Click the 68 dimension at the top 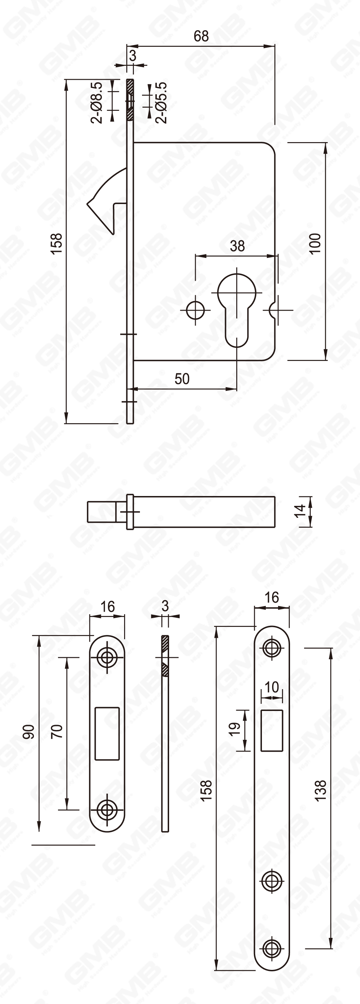tap(201, 36)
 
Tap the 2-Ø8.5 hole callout tap(97, 102)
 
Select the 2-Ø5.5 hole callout tap(161, 102)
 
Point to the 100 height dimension tap(315, 243)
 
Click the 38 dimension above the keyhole tap(237, 246)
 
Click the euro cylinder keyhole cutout tap(237, 308)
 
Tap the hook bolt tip tap(91, 203)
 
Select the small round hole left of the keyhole tap(195, 310)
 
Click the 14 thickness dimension tap(300, 510)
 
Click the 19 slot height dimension tap(234, 729)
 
